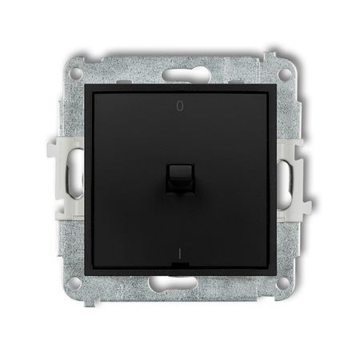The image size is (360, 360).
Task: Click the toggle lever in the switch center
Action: pyautogui.click(x=180, y=178)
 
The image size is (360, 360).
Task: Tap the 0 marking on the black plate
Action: pyautogui.click(x=180, y=106)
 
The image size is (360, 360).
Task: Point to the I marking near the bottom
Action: pyautogui.click(x=180, y=254)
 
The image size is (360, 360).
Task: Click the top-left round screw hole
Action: pyautogui.click(x=76, y=74)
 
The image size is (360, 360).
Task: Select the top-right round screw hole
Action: pyautogui.click(x=285, y=74)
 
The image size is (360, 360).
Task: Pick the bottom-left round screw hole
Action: pyautogui.click(x=74, y=283)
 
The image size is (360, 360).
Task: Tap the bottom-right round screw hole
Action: pyautogui.click(x=283, y=282)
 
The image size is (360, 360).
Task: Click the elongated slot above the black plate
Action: pyautogui.click(x=180, y=74)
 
